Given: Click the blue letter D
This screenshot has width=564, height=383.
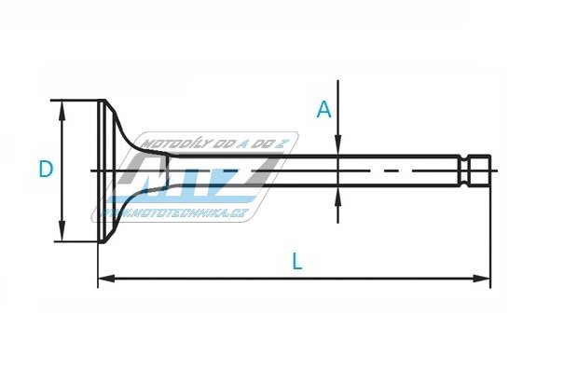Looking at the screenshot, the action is [46, 169].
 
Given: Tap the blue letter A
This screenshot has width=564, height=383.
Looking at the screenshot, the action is [323, 109].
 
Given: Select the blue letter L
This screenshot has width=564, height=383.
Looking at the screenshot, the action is [297, 261].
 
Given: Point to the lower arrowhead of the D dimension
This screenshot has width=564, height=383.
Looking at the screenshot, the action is [62, 232].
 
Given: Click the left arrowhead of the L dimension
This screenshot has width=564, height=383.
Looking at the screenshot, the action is [107, 279].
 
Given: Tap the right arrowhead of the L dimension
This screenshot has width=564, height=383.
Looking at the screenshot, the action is [482, 279].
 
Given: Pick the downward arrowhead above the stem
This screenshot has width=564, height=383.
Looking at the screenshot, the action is [337, 145].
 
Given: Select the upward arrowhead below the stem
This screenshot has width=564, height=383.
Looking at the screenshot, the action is [337, 197].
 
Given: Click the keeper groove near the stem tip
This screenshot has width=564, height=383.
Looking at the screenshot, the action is [465, 171].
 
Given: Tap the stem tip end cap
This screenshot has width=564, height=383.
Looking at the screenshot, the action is [480, 171].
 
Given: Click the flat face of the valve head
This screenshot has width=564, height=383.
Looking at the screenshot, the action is [102, 171].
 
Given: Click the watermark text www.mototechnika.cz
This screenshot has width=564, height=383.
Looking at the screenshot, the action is [173, 213].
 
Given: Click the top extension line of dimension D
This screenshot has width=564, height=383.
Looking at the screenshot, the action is [75, 100].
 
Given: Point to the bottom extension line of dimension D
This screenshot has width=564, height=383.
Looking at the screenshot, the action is [76, 241].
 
